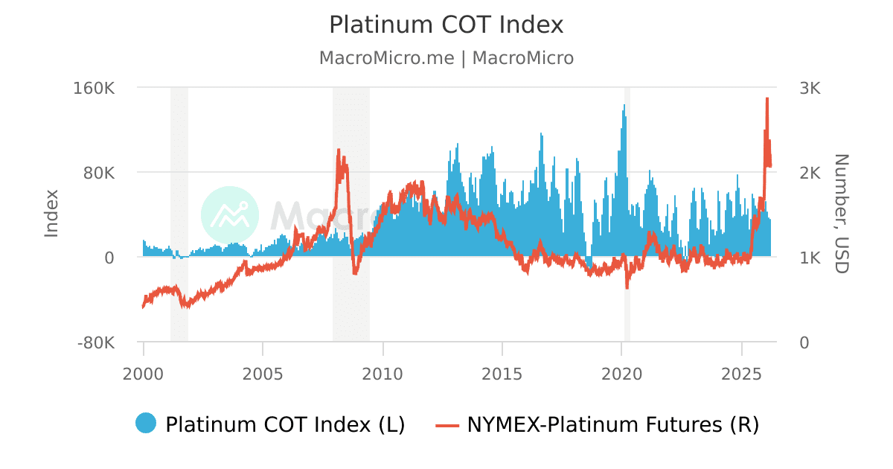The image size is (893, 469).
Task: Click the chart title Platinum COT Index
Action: coord(446,25)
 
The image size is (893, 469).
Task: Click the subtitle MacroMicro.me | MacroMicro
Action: coord(446,58)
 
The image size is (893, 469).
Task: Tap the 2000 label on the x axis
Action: coord(144,371)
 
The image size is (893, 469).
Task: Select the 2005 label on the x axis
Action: coord(263,371)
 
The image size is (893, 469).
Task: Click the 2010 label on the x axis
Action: coord(383,371)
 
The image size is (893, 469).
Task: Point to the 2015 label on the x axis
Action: coord(502,371)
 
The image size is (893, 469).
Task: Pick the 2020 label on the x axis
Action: coord(622,371)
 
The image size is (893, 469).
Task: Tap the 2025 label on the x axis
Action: coord(742,371)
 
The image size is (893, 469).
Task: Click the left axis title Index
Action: coord(51,214)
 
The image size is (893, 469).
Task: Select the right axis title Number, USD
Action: coord(841,214)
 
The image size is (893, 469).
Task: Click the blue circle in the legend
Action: coord(146,423)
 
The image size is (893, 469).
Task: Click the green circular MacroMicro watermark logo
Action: coord(230,214)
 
